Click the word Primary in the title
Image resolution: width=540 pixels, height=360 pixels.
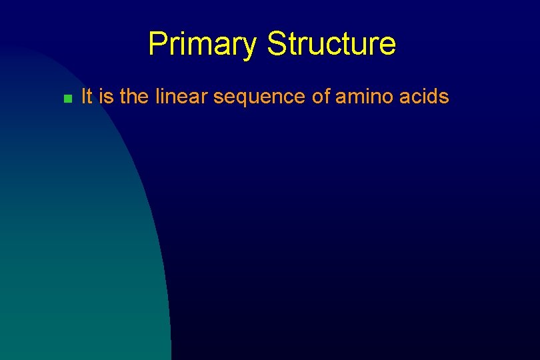[x=202, y=45]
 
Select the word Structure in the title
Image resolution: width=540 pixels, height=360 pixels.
[x=331, y=44]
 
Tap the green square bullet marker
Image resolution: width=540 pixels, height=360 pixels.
[x=67, y=99]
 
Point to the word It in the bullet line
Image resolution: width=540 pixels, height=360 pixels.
[x=86, y=97]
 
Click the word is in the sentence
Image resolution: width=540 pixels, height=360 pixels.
[x=106, y=97]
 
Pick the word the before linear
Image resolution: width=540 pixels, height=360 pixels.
[x=135, y=97]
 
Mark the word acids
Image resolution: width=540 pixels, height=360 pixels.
[x=426, y=97]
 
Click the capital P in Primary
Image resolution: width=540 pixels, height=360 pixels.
[x=157, y=44]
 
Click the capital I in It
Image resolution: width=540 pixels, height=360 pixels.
[x=83, y=97]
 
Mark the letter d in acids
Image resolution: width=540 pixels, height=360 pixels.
[x=433, y=97]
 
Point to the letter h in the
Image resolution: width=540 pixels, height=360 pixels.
[x=133, y=97]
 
